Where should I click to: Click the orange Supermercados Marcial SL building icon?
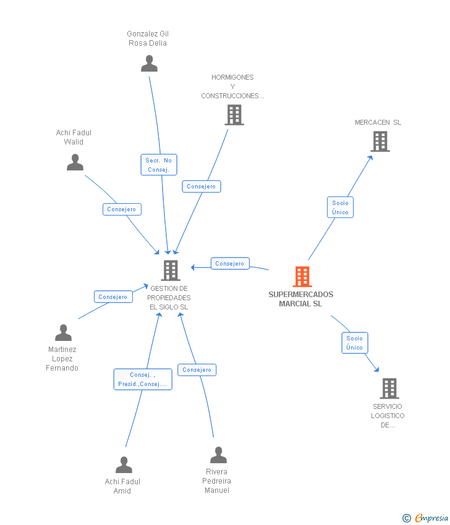(x=302, y=277)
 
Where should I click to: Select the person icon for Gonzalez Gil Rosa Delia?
(x=149, y=63)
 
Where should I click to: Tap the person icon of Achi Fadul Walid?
(x=75, y=162)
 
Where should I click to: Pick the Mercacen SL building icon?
(x=380, y=141)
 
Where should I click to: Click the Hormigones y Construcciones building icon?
(x=234, y=115)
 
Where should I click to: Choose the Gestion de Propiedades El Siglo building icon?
(x=170, y=270)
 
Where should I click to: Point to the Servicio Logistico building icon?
(x=389, y=388)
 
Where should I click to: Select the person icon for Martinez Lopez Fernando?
(x=63, y=332)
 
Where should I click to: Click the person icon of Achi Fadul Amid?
(x=124, y=464)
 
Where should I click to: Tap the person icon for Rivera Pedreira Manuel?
(x=218, y=455)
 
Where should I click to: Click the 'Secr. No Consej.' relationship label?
(x=159, y=165)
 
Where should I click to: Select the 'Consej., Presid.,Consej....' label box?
(x=143, y=379)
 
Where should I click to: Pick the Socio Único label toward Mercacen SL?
(x=340, y=208)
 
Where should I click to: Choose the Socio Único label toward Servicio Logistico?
(x=355, y=343)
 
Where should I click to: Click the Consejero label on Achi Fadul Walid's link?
(x=122, y=209)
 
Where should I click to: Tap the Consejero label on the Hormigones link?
(x=202, y=187)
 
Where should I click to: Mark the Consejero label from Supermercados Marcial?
(x=230, y=264)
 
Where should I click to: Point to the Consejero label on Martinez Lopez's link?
(x=113, y=297)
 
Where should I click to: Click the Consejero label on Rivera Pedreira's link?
(x=197, y=370)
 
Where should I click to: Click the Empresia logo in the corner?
(x=425, y=518)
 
